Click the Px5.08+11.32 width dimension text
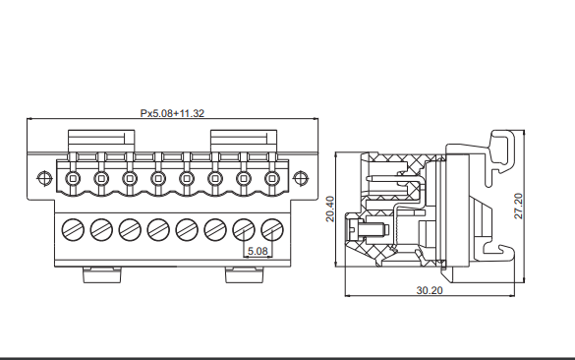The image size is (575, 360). tap(172, 113)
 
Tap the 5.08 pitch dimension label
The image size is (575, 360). tap(258, 251)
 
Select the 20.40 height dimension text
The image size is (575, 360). tap(330, 209)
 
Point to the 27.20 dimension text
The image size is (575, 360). tap(518, 207)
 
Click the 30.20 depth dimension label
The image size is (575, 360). tap(430, 290)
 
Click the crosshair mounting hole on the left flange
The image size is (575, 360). tap(45, 178)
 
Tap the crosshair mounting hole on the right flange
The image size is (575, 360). tap(301, 178)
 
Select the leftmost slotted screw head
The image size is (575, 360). tap(73, 230)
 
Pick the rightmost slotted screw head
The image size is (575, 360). tap(272, 230)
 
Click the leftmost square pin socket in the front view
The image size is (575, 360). tap(73, 179)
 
